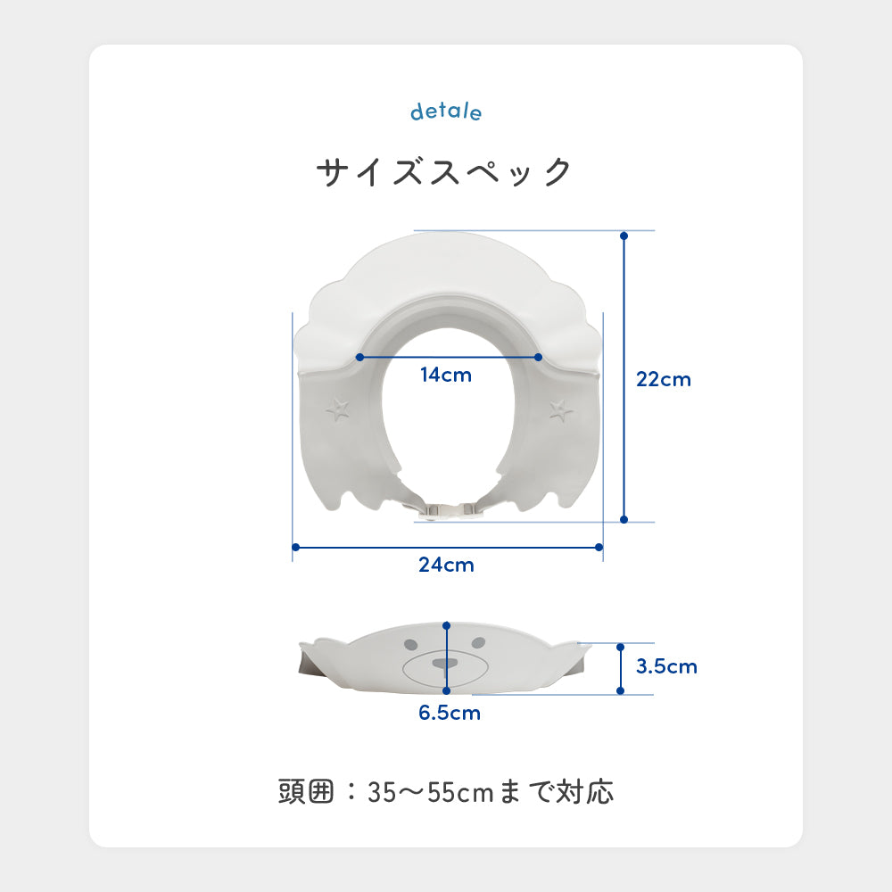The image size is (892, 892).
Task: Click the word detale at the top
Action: pyautogui.click(x=446, y=111)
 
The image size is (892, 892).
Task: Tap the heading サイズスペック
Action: pyautogui.click(x=444, y=170)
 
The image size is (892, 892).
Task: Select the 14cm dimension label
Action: pyautogui.click(x=446, y=376)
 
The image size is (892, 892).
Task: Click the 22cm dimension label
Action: pyautogui.click(x=664, y=379)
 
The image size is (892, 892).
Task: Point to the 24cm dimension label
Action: pyautogui.click(x=446, y=565)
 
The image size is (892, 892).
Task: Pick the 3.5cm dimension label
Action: pyautogui.click(x=667, y=666)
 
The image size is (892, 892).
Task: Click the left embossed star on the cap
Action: pyautogui.click(x=338, y=409)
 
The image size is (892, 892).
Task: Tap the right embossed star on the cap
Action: pyautogui.click(x=561, y=409)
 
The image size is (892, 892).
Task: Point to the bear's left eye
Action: pyautogui.click(x=412, y=643)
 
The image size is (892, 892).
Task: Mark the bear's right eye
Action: pyautogui.click(x=479, y=643)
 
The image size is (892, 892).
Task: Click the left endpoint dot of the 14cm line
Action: pyautogui.click(x=359, y=357)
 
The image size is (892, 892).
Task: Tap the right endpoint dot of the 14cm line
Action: pyautogui.click(x=539, y=357)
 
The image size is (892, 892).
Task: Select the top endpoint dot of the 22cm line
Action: pyautogui.click(x=624, y=236)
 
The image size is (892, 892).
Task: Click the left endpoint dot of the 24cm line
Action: pyautogui.click(x=294, y=547)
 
